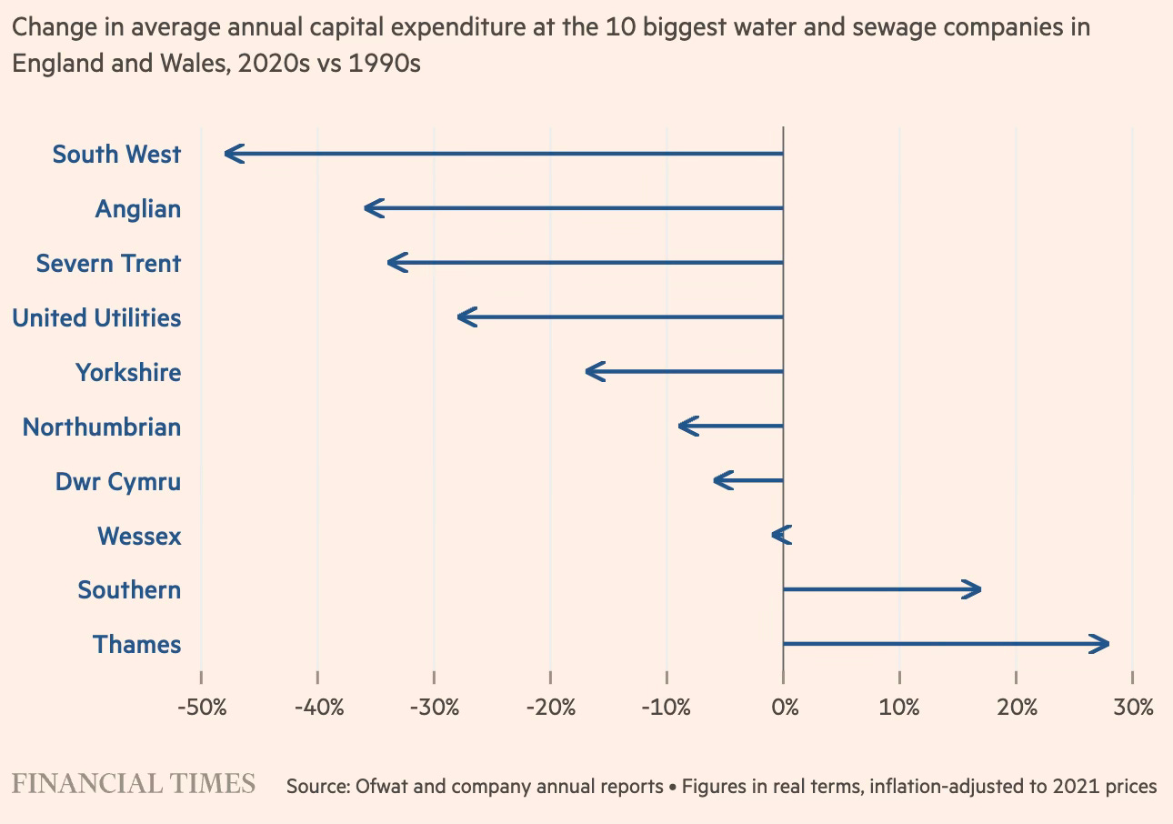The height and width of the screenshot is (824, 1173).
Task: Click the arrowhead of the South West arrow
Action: [230, 154]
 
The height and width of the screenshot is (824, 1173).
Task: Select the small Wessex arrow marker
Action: [781, 536]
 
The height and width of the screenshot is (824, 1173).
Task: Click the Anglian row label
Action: [137, 209]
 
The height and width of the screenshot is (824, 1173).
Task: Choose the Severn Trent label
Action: [108, 264]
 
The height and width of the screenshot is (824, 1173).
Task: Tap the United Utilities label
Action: [96, 318]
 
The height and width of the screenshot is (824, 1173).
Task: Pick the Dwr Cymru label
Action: [118, 481]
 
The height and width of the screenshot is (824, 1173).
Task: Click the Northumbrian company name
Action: [102, 427]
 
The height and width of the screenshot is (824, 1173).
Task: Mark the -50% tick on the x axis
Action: [201, 707]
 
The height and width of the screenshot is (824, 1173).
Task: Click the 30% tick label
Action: [1132, 707]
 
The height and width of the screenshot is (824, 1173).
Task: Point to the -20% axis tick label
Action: [550, 707]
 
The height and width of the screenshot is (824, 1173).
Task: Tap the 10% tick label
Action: [899, 707]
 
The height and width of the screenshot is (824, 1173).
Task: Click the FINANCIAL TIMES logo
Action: [133, 784]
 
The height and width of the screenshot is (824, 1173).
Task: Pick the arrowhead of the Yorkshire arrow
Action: [592, 372]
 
